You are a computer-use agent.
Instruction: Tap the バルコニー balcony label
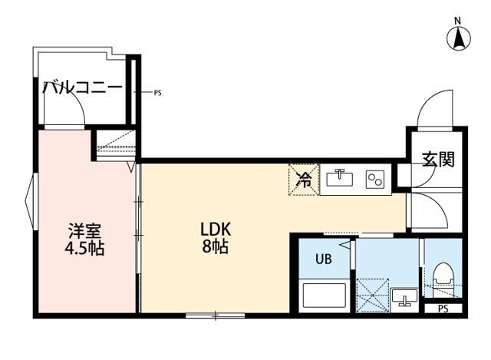[x=82, y=87]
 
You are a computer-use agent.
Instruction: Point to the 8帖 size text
[x=216, y=247]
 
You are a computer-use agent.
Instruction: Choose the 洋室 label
[x=85, y=230]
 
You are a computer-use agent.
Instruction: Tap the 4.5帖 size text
[x=85, y=249]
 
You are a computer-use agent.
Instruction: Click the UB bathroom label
[x=324, y=259]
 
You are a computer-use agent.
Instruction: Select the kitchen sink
[x=339, y=180]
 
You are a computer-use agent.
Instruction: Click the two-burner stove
[x=374, y=180]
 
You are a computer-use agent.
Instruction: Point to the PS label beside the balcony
[x=157, y=93]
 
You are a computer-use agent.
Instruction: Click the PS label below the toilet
[x=443, y=309]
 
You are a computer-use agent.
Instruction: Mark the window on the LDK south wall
[x=216, y=315]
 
